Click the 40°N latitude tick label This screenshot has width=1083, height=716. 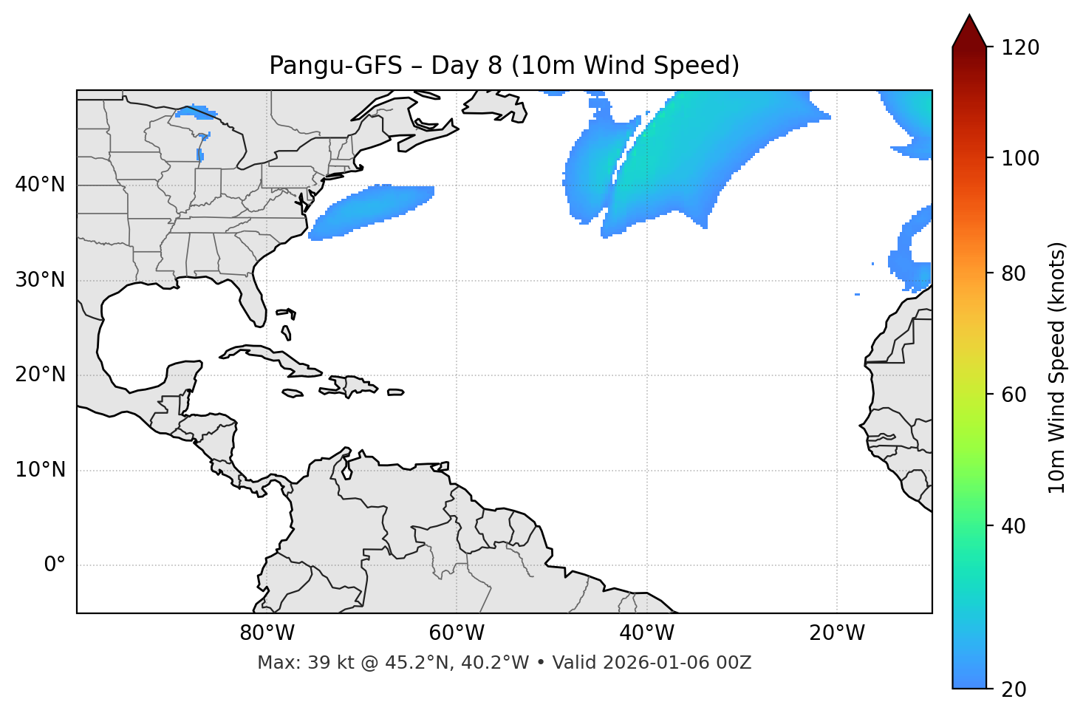[x=40, y=185]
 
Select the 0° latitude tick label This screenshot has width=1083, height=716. [x=55, y=565]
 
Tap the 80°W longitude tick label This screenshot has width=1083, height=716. [x=267, y=633]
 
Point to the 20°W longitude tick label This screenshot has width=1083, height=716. [x=837, y=633]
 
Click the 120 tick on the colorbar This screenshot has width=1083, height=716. [x=1020, y=48]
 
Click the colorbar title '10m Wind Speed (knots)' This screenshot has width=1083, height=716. [x=1057, y=367]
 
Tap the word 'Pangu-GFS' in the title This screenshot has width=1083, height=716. [x=335, y=66]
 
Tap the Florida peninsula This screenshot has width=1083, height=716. [x=253, y=299]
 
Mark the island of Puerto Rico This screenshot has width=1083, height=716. [x=395, y=392]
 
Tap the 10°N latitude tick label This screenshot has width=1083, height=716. [x=40, y=470]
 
